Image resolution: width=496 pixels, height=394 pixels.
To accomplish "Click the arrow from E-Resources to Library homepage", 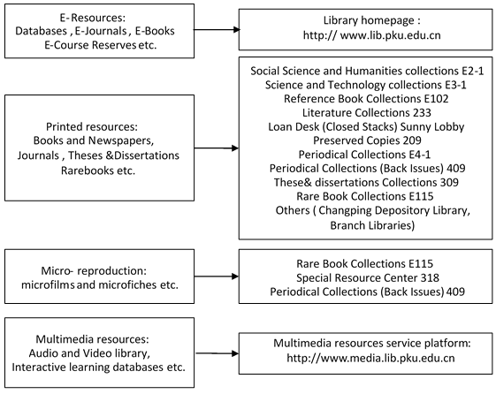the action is [x=217, y=30].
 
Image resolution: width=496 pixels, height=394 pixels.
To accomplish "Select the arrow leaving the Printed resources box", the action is [x=217, y=148].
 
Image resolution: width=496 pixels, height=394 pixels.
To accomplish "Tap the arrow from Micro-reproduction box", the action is [x=217, y=277].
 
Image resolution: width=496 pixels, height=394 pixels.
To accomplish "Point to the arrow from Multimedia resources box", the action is [x=217, y=353].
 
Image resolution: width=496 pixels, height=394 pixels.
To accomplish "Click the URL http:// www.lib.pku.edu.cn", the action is [x=371, y=35].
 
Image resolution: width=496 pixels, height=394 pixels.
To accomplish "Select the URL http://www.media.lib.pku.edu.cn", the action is [x=370, y=359].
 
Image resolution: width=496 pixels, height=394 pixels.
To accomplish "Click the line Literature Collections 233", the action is [x=367, y=113].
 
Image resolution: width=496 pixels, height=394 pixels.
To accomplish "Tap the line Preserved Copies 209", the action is [x=367, y=140].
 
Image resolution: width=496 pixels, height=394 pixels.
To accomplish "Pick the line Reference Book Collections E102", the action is [x=366, y=99].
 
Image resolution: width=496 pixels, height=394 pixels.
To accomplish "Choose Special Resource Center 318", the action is [x=368, y=278].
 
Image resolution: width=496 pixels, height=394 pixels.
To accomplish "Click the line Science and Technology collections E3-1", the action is [x=366, y=85].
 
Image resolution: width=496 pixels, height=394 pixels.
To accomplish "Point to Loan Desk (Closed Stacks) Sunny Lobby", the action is [x=366, y=126].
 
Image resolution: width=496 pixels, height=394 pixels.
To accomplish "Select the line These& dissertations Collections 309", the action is [x=366, y=182].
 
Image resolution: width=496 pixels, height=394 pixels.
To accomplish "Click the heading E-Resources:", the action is [x=92, y=18].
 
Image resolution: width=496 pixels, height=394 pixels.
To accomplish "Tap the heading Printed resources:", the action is [x=92, y=126].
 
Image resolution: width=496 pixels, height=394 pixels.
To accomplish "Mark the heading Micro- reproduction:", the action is [x=94, y=271].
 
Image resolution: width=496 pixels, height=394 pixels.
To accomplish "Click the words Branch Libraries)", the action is [x=372, y=225].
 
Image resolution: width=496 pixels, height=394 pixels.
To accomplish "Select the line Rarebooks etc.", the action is [x=98, y=170].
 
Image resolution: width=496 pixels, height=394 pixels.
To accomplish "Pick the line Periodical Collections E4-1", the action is [x=365, y=155].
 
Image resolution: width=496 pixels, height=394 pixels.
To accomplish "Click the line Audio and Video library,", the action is [x=89, y=353].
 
